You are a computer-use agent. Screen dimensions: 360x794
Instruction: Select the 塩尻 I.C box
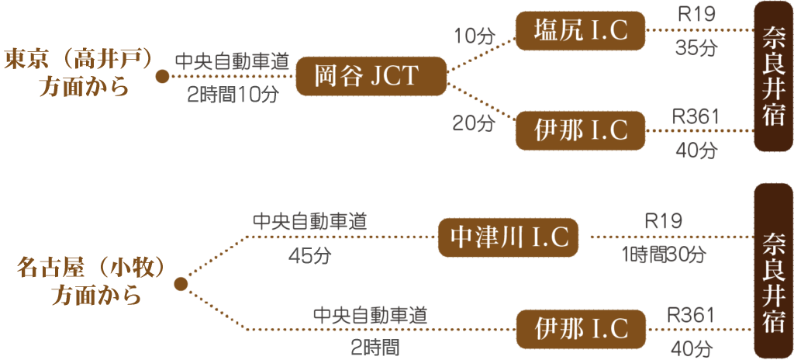pyautogui.click(x=581, y=31)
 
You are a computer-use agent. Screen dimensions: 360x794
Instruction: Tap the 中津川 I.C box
pyautogui.click(x=508, y=237)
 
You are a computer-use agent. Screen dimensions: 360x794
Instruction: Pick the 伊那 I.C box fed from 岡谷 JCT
pyautogui.click(x=581, y=130)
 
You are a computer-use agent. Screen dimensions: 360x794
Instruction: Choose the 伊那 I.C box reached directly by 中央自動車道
pyautogui.click(x=581, y=328)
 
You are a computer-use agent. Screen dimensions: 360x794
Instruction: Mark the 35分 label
pyautogui.click(x=696, y=48)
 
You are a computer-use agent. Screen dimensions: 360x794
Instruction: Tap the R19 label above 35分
pyautogui.click(x=695, y=15)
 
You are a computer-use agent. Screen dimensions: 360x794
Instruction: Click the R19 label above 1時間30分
pyautogui.click(x=664, y=220)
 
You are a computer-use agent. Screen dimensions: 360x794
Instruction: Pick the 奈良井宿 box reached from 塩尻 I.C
pyautogui.click(x=773, y=75)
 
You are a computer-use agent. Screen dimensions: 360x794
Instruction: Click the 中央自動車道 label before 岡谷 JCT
pyautogui.click(x=226, y=61)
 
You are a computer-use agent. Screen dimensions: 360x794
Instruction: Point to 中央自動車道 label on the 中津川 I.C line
pyautogui.click(x=309, y=221)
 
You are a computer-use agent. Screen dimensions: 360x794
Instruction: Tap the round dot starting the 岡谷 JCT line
pyautogui.click(x=162, y=76)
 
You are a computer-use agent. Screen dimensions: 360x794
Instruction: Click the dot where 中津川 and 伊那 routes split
pyautogui.click(x=181, y=285)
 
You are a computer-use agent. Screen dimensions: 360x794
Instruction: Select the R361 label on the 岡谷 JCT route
pyautogui.click(x=696, y=116)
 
